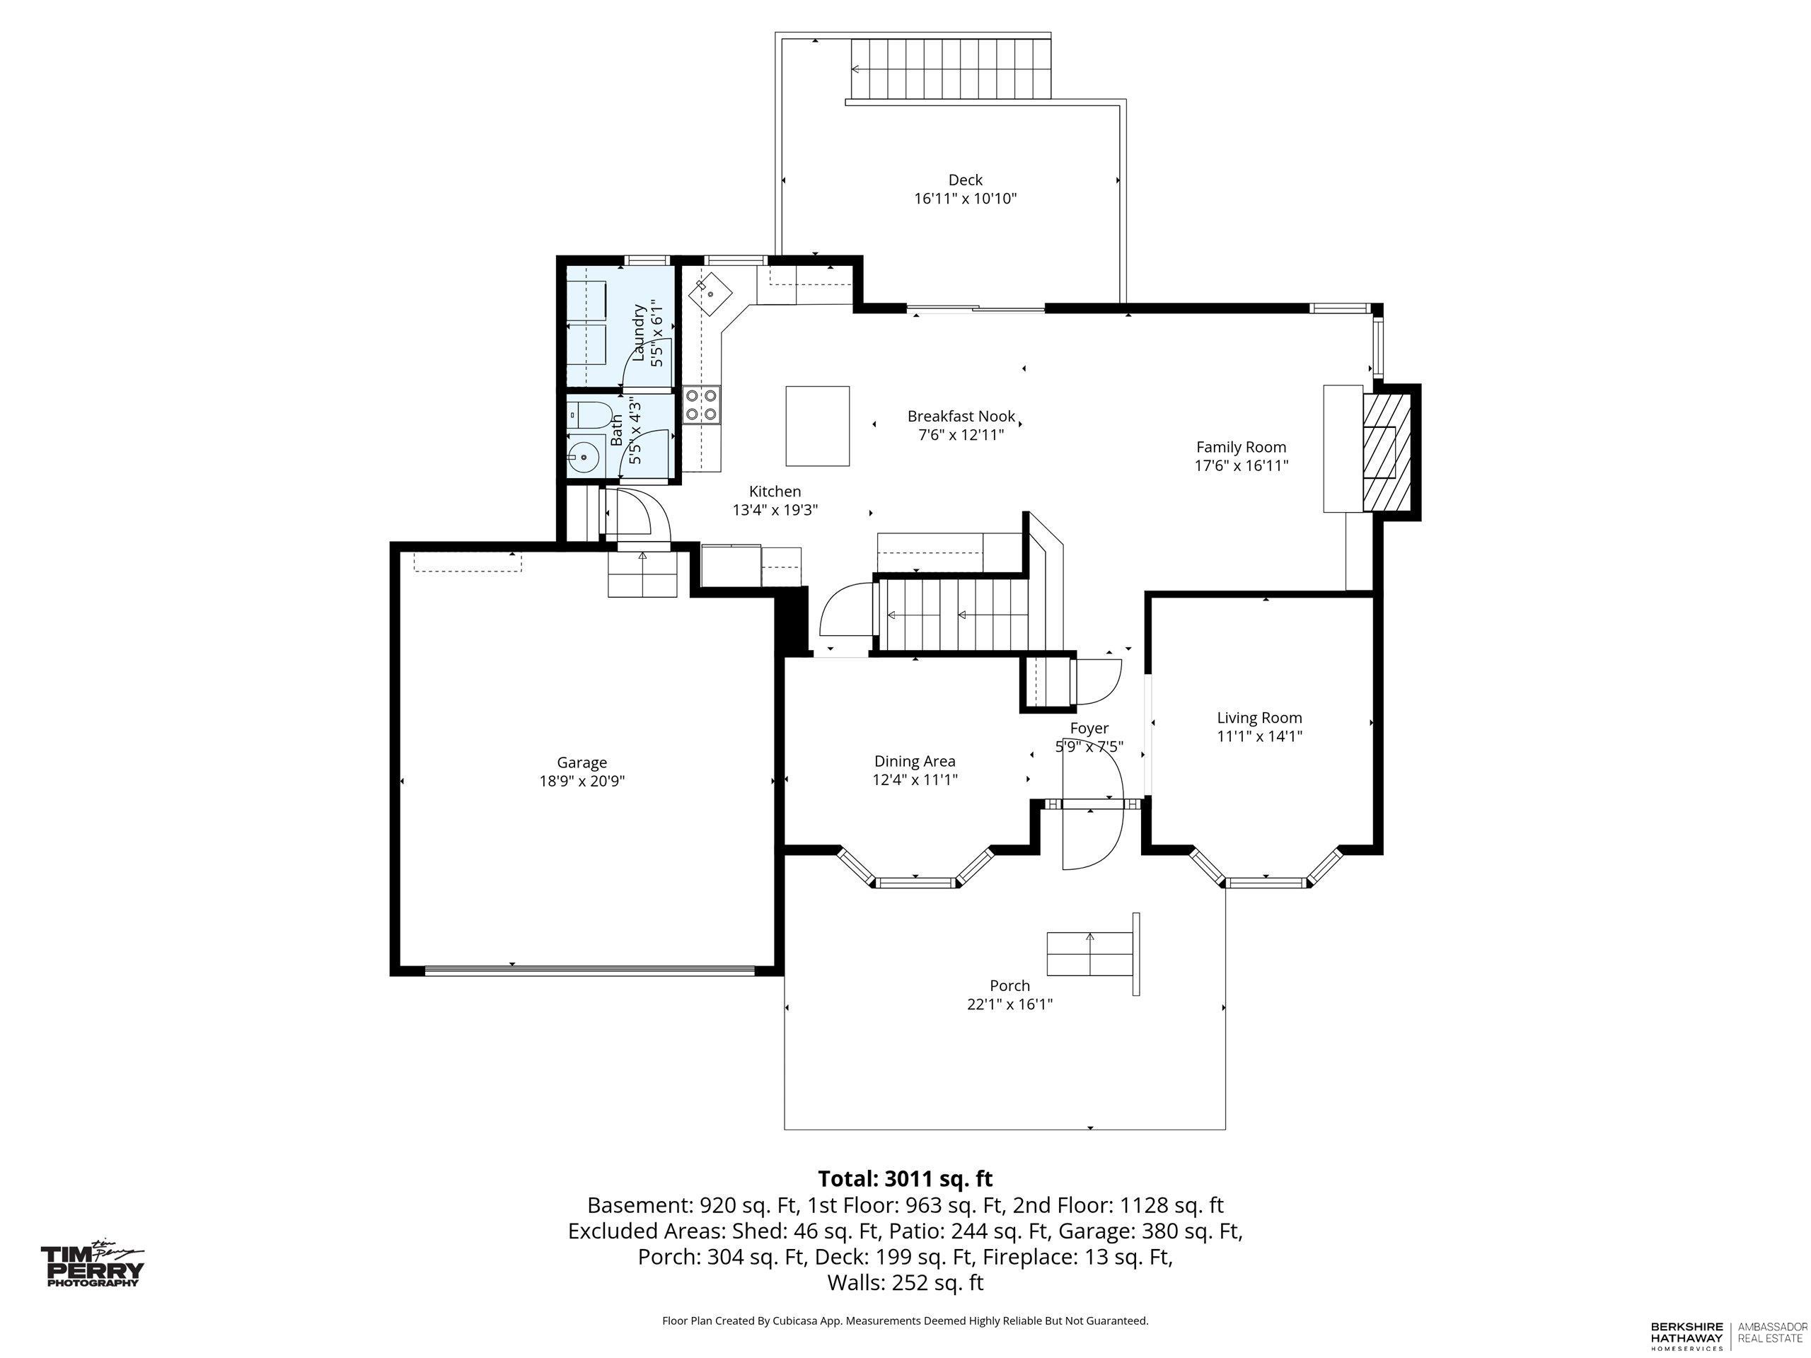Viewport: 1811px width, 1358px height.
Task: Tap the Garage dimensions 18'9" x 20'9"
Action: point(582,781)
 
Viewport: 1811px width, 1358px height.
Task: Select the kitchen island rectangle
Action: point(817,426)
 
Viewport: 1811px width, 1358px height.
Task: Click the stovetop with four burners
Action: point(702,405)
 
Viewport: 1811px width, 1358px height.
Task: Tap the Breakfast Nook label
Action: point(961,416)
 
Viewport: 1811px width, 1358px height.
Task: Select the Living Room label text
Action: point(1259,718)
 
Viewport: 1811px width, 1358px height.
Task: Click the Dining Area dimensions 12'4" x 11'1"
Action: point(915,779)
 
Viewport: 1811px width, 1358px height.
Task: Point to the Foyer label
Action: point(1089,729)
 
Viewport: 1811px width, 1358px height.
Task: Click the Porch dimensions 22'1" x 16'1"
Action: point(1009,1004)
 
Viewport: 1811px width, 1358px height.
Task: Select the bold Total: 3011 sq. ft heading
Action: point(905,1179)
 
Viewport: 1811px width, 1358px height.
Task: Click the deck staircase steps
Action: point(951,68)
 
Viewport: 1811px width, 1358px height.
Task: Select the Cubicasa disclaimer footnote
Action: point(905,1321)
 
